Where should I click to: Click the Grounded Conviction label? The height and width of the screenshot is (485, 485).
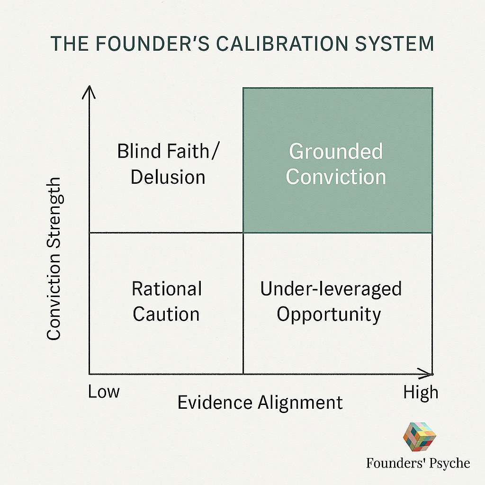(x=336, y=164)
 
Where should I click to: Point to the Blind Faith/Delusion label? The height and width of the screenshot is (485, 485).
(x=168, y=164)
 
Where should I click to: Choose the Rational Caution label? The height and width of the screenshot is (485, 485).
(x=167, y=301)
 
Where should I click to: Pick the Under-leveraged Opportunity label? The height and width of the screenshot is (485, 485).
(x=331, y=301)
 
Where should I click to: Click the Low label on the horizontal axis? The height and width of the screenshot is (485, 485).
(x=104, y=392)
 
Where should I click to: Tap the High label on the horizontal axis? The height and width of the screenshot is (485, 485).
(x=421, y=393)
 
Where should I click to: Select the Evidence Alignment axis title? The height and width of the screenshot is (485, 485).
(x=260, y=403)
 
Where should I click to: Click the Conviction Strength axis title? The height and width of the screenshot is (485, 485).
(x=54, y=259)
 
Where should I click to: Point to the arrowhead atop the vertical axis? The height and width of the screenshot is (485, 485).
(x=89, y=91)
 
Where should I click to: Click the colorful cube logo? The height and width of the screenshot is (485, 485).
(x=419, y=437)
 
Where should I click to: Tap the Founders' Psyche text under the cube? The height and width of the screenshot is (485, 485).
(x=418, y=463)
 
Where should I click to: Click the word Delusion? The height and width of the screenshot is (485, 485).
(x=168, y=177)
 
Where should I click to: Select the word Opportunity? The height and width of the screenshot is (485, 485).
(x=329, y=314)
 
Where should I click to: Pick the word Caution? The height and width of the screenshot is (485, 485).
(x=166, y=314)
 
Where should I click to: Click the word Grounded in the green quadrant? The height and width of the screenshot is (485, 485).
(x=336, y=152)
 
